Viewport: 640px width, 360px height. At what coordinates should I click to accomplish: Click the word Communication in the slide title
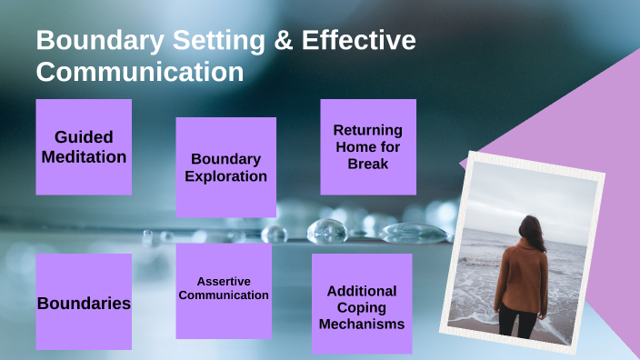click(x=140, y=71)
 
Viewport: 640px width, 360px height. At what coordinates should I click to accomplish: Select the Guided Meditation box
click(x=84, y=146)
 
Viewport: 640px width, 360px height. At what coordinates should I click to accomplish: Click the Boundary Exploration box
click(x=225, y=167)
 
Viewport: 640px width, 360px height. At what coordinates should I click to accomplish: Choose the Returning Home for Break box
click(x=367, y=146)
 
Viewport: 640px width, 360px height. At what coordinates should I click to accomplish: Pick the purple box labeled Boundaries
click(x=84, y=303)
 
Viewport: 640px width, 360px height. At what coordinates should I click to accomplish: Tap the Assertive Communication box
click(x=224, y=289)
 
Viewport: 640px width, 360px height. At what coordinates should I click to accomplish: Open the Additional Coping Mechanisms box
click(x=361, y=305)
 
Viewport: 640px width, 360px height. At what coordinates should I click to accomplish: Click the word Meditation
click(x=84, y=156)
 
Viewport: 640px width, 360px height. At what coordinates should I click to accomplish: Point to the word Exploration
click(x=225, y=176)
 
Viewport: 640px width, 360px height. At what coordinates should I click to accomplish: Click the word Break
click(x=367, y=164)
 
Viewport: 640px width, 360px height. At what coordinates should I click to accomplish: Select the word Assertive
click(x=224, y=281)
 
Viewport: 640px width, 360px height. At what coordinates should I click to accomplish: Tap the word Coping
click(x=361, y=307)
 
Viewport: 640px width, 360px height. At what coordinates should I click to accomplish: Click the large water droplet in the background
click(x=326, y=231)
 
